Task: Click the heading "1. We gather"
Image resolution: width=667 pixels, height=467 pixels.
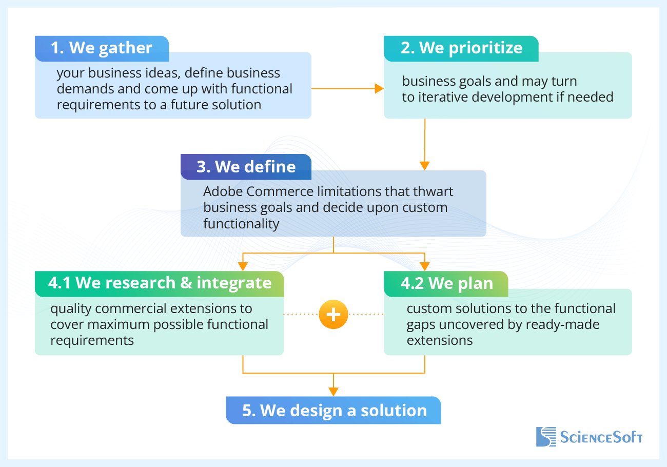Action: (x=101, y=48)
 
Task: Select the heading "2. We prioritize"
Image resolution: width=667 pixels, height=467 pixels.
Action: (x=461, y=48)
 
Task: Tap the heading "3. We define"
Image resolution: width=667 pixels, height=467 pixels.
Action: (x=246, y=167)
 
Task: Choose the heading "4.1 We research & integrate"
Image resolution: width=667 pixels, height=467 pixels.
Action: (x=160, y=283)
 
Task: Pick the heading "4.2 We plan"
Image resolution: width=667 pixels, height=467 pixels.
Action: (x=446, y=283)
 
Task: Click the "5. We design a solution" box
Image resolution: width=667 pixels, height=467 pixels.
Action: (x=333, y=411)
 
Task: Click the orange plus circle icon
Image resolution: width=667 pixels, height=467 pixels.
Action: (x=333, y=314)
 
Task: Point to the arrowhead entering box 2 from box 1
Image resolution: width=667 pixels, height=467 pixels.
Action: (x=379, y=89)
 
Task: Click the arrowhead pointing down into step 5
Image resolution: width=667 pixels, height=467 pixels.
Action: (x=333, y=391)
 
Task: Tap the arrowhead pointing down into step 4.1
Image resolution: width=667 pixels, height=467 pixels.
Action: (x=243, y=266)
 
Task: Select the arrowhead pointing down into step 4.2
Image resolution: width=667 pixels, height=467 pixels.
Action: (x=425, y=266)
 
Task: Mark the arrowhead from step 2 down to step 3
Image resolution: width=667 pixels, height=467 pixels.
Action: (x=424, y=165)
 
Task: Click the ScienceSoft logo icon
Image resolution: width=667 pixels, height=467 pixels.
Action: (x=546, y=437)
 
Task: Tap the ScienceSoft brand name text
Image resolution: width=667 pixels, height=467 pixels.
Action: (x=601, y=438)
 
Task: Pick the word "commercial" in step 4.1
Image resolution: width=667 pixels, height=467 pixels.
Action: (x=140, y=308)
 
